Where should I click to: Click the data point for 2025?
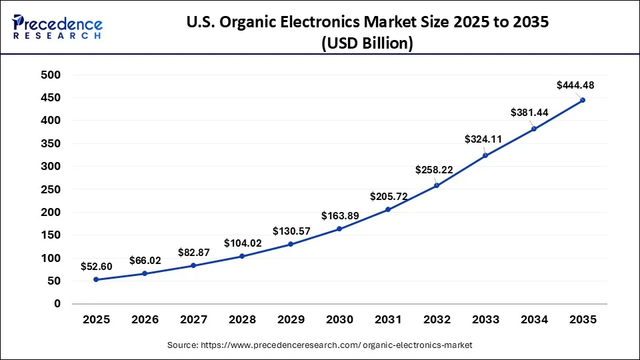(x=96, y=279)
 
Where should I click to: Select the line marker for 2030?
(x=339, y=229)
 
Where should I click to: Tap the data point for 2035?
(x=583, y=100)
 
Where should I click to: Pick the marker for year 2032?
(x=437, y=185)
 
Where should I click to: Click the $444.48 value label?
(x=575, y=85)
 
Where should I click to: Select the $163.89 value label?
(x=340, y=215)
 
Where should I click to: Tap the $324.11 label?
(x=483, y=140)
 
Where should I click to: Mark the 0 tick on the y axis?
(x=57, y=304)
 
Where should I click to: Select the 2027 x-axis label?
(x=193, y=320)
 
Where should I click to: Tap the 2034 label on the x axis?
(x=534, y=320)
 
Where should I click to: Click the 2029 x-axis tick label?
(x=291, y=320)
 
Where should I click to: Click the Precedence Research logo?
(x=57, y=27)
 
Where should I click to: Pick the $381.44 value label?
(x=529, y=113)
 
